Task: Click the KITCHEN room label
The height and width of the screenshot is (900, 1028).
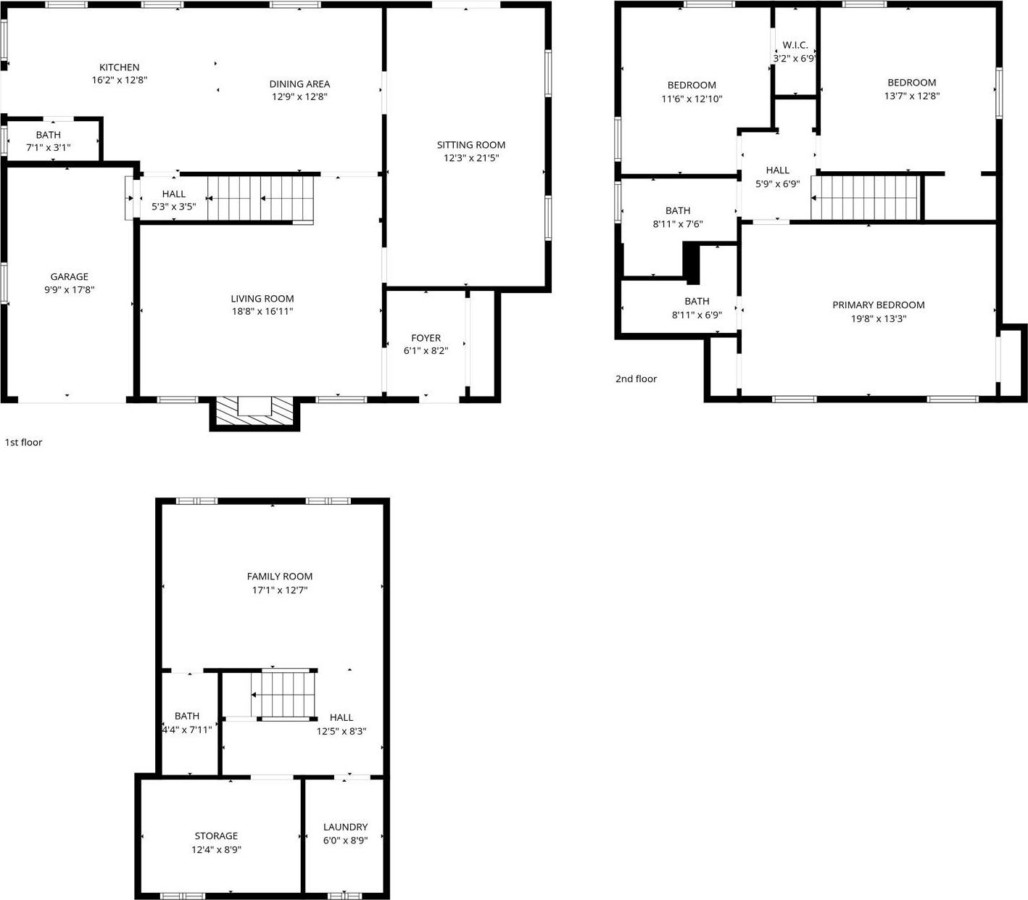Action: pos(120,67)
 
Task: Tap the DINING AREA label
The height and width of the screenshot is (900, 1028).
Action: pos(299,84)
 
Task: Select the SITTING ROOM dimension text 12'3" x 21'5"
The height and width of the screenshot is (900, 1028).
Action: pos(471,158)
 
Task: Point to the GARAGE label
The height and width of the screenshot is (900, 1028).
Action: pos(70,276)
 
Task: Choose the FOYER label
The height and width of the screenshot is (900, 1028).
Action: pos(426,338)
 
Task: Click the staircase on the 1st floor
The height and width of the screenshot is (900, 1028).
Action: pos(261,197)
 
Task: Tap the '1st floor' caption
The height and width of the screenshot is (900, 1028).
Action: pos(24,442)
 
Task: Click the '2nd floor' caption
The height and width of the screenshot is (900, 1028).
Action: pos(636,379)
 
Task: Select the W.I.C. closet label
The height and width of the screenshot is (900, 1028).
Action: pos(795,45)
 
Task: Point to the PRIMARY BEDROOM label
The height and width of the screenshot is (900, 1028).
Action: pos(878,305)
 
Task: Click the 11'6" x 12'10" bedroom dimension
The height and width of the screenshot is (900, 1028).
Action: pos(692,99)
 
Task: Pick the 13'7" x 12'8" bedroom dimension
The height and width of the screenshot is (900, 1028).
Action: pos(911,96)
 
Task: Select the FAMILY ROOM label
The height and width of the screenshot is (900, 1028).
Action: pos(280,577)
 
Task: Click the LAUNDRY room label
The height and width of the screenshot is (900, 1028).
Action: pos(345,827)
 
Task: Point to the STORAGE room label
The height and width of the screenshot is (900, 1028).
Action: pos(216,836)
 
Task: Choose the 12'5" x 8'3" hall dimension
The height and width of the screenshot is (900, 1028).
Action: pos(341,731)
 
